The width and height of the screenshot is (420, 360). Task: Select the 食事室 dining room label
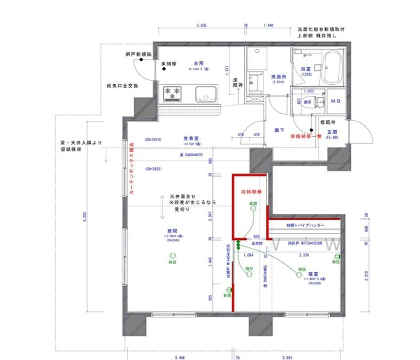tap(191, 138)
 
